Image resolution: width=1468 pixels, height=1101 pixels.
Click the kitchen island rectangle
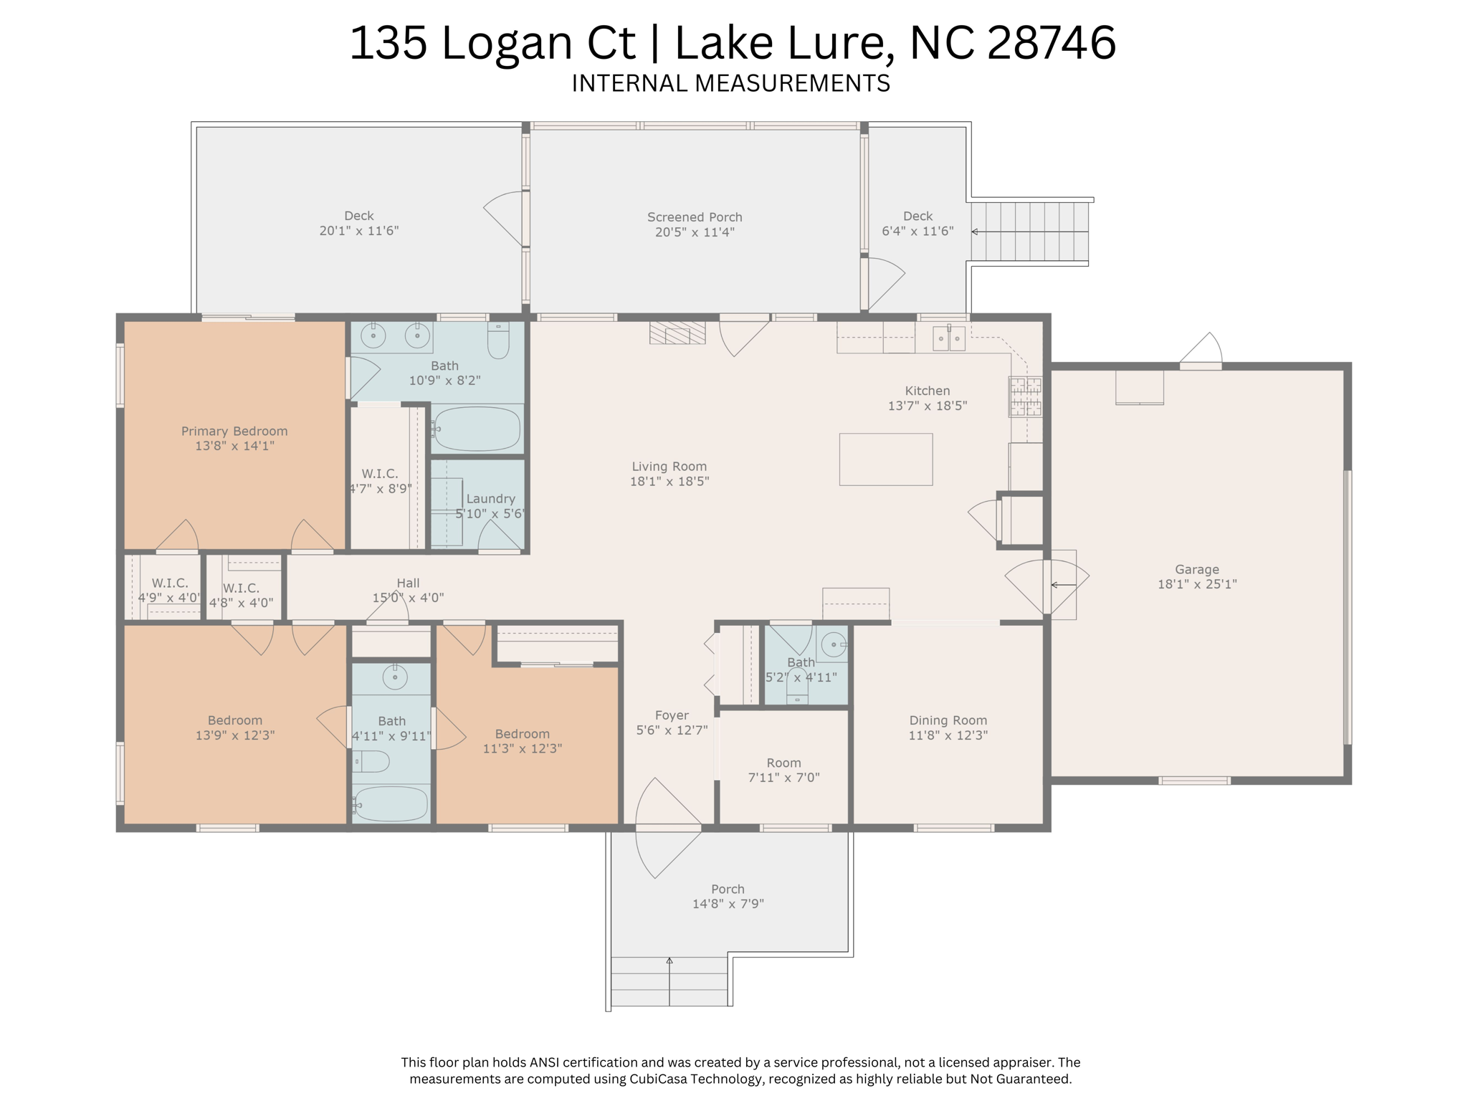(x=886, y=459)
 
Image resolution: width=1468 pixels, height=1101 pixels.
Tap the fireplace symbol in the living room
(x=677, y=333)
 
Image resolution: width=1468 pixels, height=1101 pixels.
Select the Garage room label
(x=1197, y=570)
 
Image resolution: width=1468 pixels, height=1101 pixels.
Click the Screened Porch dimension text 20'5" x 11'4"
(x=695, y=232)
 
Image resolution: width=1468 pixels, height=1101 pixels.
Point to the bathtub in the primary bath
(x=477, y=429)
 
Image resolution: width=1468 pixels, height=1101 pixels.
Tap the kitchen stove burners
(x=1026, y=396)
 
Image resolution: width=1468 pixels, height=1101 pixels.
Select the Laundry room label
(x=490, y=499)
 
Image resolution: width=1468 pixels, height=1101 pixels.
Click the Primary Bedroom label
(x=234, y=431)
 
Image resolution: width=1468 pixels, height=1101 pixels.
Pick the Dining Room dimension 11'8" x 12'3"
(x=948, y=735)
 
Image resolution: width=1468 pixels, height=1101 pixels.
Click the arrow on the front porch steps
(x=669, y=981)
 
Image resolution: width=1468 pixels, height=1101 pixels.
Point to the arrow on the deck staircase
(x=1029, y=232)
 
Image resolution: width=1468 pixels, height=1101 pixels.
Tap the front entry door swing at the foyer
(x=667, y=828)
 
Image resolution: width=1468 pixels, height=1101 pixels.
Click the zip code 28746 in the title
(x=1052, y=42)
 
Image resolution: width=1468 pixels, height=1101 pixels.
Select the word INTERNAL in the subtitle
(x=629, y=83)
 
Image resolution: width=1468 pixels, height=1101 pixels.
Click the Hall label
(x=408, y=583)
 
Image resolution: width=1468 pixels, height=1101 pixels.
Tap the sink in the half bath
(x=833, y=644)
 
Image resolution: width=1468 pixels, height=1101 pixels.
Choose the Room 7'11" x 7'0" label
(x=783, y=770)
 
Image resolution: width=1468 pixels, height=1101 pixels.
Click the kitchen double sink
(x=949, y=338)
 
